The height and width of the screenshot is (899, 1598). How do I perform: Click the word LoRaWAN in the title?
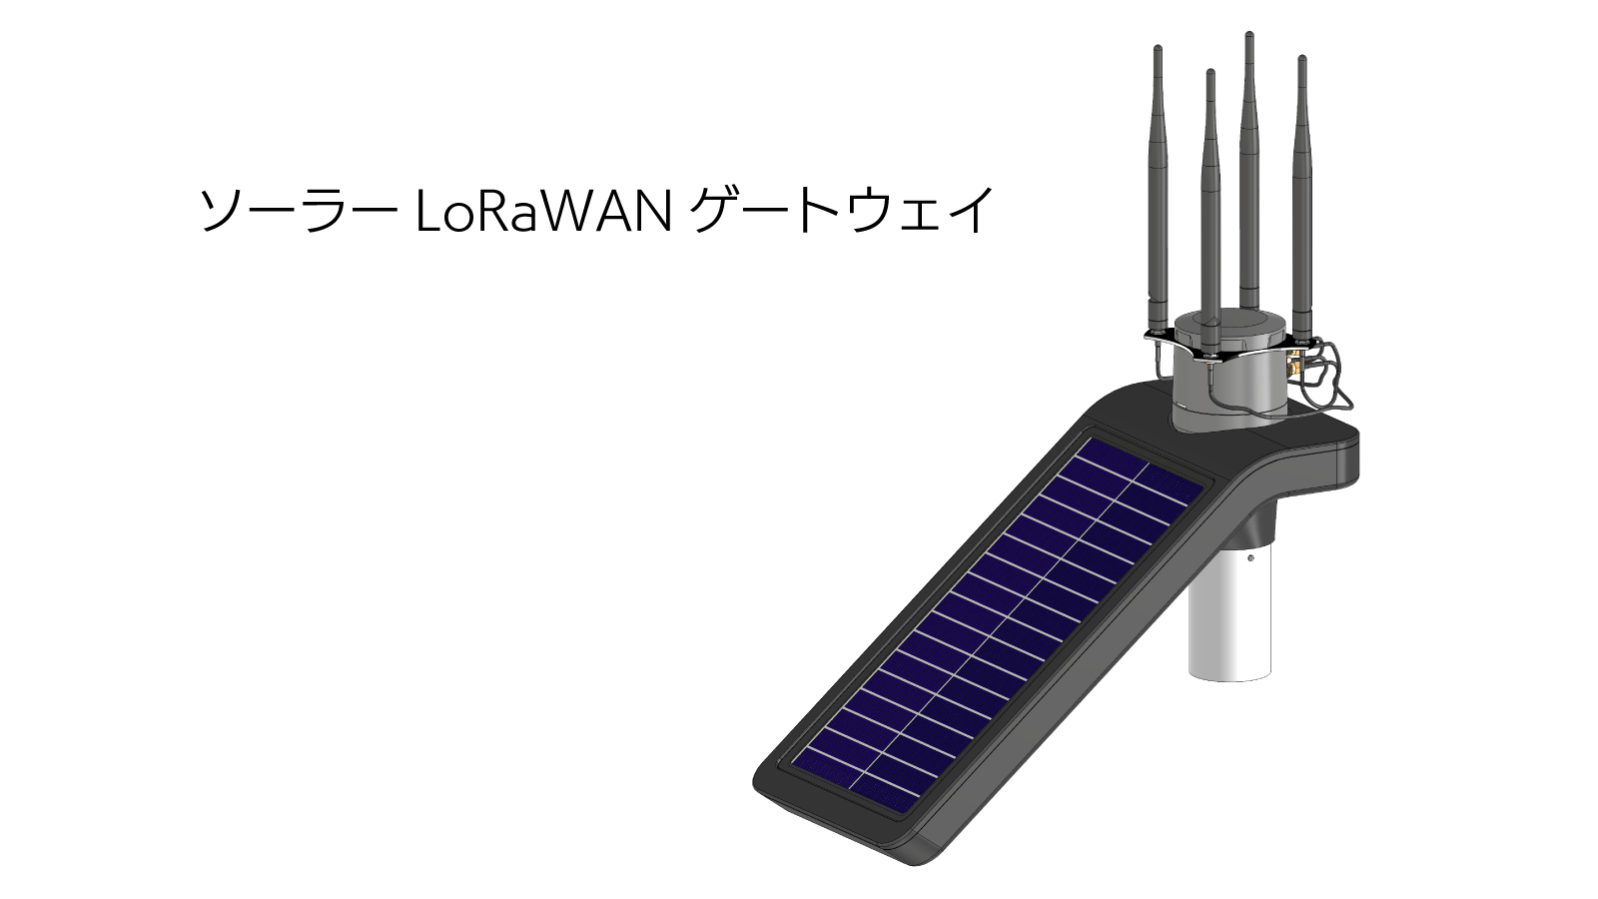(541, 212)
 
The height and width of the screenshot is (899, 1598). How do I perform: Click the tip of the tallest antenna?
(1248, 36)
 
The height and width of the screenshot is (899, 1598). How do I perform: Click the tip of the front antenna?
(1210, 74)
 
